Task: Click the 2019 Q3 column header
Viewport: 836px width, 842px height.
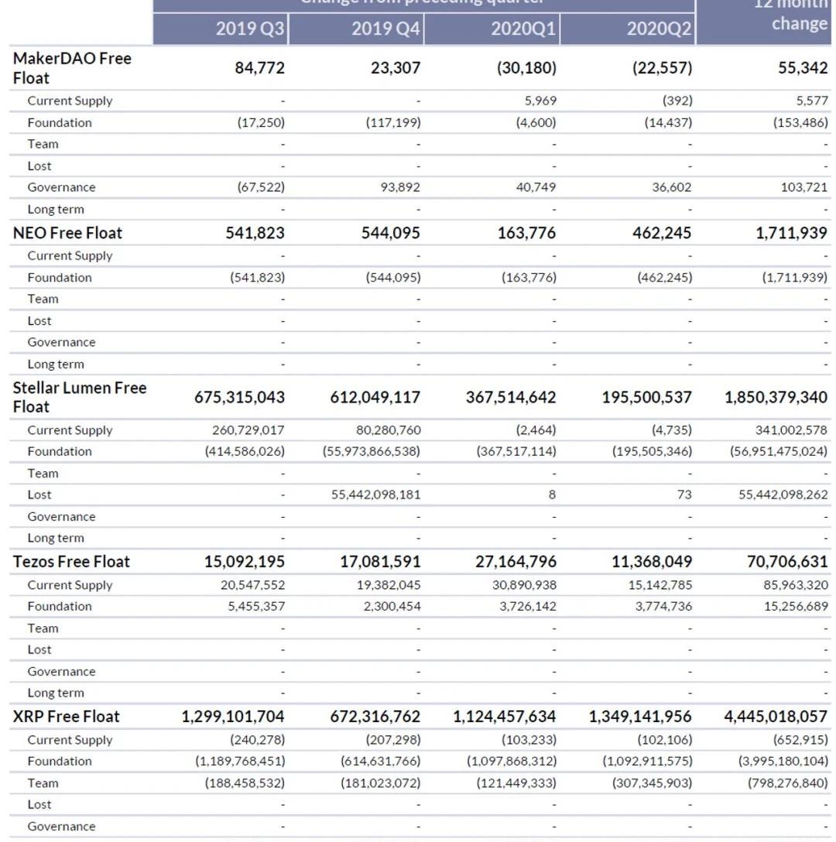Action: point(250,29)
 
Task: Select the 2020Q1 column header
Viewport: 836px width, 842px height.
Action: point(523,29)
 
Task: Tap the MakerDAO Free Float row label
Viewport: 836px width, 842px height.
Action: point(72,68)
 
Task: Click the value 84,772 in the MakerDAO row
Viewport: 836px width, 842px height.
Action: point(259,68)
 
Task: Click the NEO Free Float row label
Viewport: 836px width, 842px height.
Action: point(67,233)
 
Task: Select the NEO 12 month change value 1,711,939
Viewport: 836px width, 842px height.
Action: point(791,233)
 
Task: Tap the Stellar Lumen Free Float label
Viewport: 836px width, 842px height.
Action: point(80,397)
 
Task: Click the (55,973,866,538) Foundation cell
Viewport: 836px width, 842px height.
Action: point(372,451)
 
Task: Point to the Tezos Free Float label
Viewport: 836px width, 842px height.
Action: point(72,562)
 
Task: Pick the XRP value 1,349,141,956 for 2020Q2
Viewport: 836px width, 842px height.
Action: point(640,717)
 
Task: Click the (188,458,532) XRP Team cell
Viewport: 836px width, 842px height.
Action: point(245,783)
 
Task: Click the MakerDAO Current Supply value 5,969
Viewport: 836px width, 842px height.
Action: point(540,101)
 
